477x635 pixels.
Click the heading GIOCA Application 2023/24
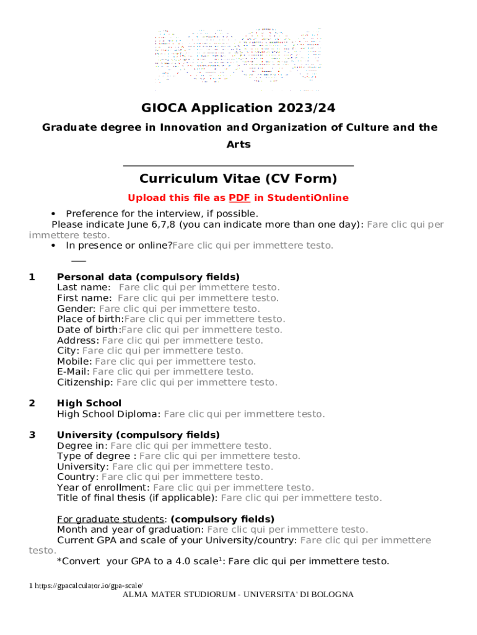(x=239, y=108)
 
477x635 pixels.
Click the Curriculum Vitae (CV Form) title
(x=239, y=179)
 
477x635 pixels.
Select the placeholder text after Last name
(x=199, y=287)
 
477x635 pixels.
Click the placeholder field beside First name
(x=198, y=298)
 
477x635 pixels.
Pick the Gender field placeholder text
(x=180, y=308)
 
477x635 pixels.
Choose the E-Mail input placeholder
(x=173, y=371)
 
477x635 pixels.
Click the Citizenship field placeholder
(x=197, y=382)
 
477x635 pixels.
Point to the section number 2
(x=32, y=403)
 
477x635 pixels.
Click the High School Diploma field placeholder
(x=244, y=414)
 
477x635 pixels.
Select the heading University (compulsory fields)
(x=138, y=435)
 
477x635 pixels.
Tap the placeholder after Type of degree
(x=220, y=456)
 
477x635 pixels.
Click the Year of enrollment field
(x=233, y=487)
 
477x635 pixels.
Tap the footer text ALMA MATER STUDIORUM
(x=239, y=595)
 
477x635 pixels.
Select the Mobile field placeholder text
(x=175, y=361)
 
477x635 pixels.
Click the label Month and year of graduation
(x=130, y=530)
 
